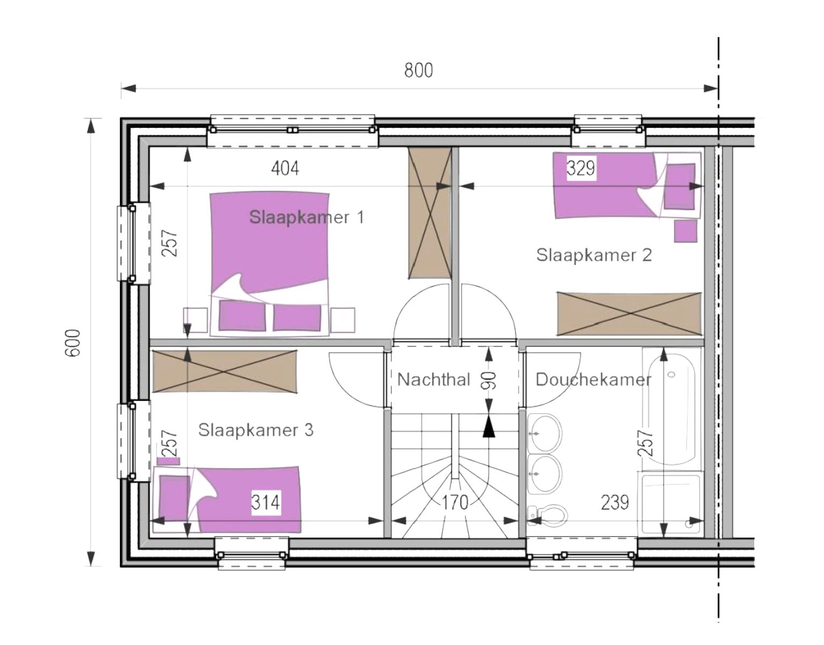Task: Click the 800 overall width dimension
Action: [x=418, y=70]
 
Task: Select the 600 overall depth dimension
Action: [x=73, y=342]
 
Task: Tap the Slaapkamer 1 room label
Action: [x=306, y=217]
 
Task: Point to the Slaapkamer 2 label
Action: [x=594, y=254]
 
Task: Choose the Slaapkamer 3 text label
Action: [x=256, y=430]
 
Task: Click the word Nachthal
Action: [x=434, y=379]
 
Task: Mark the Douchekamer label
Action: [x=593, y=379]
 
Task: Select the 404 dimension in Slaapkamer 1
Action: [x=284, y=168]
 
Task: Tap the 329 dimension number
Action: [x=581, y=168]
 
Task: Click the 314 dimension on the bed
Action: [x=266, y=502]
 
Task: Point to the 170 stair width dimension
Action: [x=455, y=502]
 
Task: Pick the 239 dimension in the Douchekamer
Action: [x=614, y=502]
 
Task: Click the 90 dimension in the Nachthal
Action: [x=489, y=379]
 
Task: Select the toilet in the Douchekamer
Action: [x=548, y=515]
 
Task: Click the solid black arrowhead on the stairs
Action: [x=489, y=427]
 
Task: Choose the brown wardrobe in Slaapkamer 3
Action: [x=224, y=371]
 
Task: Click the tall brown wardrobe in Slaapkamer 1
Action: [x=429, y=213]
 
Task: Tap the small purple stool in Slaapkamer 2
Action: [x=685, y=231]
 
